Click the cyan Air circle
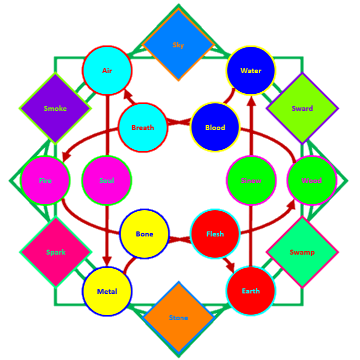click(x=107, y=71)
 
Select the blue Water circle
click(x=251, y=71)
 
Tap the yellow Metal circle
click(x=107, y=291)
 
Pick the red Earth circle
click(x=251, y=291)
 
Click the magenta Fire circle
click(x=45, y=181)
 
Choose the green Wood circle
click(x=311, y=181)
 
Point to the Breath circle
click(x=143, y=128)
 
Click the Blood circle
click(x=215, y=128)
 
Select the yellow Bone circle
click(x=144, y=234)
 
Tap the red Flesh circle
click(x=215, y=234)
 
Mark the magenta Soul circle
click(x=106, y=181)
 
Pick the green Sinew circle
click(x=251, y=181)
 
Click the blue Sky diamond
click(x=178, y=45)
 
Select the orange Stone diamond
click(x=178, y=318)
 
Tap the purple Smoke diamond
click(x=55, y=108)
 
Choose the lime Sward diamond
click(x=302, y=108)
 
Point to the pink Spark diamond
click(x=55, y=252)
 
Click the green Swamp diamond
click(x=302, y=252)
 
